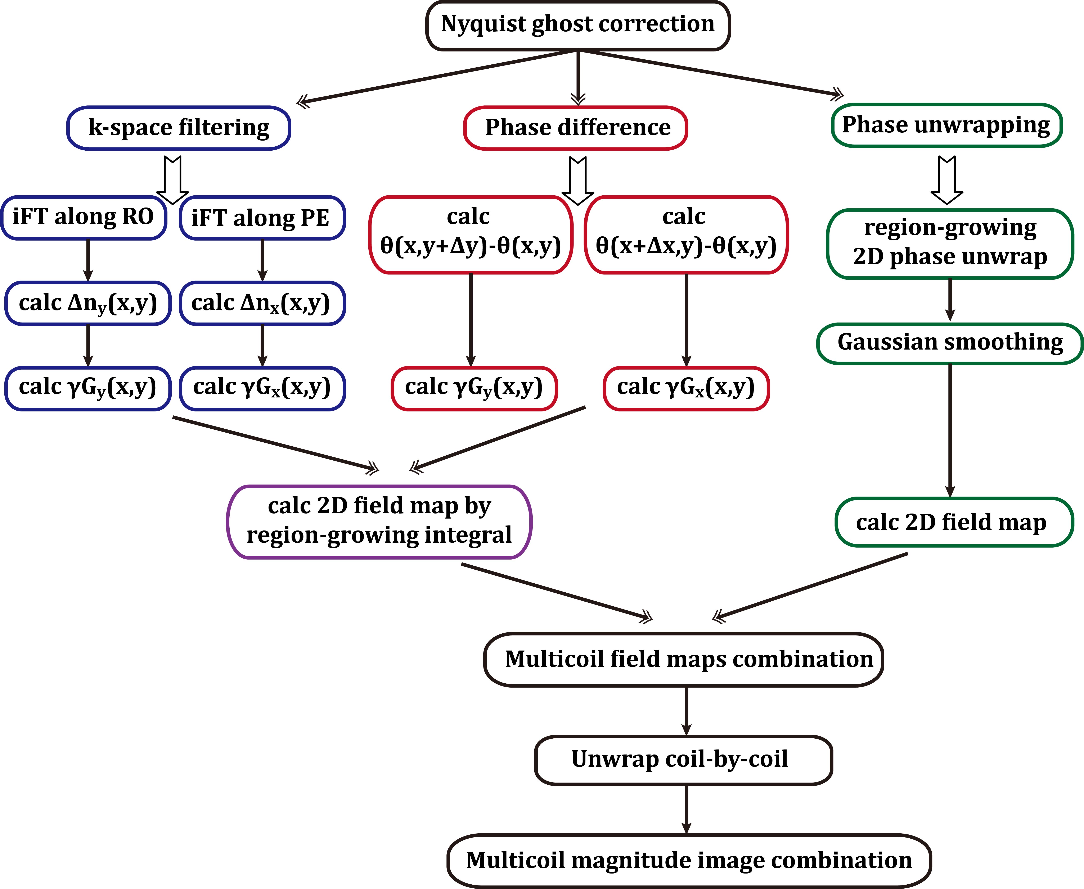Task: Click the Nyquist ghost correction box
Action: pos(578,26)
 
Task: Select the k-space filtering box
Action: pos(179,128)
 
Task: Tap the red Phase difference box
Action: pos(576,128)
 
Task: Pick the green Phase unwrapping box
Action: pos(946,126)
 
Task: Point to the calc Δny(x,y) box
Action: pos(88,303)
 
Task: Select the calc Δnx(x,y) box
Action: pos(262,303)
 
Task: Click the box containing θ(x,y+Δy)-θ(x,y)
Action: pos(470,234)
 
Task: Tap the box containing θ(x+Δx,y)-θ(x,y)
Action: pos(686,234)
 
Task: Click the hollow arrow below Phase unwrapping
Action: pos(947,179)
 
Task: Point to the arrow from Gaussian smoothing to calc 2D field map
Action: pos(950,430)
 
